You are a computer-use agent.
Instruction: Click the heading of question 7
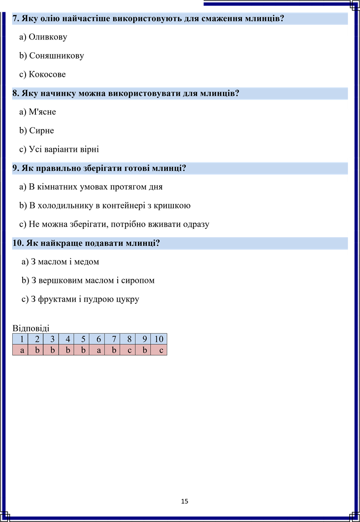pos(148,18)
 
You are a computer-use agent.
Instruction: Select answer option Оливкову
pos(43,37)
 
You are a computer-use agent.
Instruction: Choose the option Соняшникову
pos(52,56)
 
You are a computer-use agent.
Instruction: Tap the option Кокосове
pos(43,74)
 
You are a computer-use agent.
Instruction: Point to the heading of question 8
pos(126,93)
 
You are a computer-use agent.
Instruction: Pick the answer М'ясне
pos(37,112)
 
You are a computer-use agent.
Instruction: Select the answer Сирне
pos(36,130)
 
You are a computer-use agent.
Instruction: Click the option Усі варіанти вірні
pos(59,150)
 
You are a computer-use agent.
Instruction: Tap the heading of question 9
pos(99,168)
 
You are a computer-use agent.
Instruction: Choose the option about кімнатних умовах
pos(91,187)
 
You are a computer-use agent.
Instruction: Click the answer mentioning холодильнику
pos(105,206)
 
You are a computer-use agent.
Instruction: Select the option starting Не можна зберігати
pos(114,225)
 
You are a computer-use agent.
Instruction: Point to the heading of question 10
pos(86,243)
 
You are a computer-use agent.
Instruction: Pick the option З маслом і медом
pos(61,262)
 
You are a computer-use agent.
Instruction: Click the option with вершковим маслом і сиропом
pos(88,281)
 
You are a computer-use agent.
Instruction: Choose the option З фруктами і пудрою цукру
pos(80,299)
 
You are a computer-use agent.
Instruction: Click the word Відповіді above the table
pos(31,328)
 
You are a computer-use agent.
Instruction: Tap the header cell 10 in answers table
pos(159,339)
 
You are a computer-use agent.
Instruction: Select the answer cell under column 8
pos(128,350)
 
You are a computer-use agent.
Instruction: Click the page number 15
pos(185,501)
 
